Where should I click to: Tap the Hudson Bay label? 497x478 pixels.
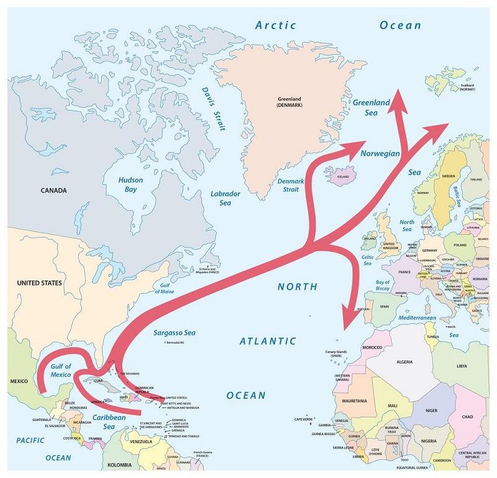130,185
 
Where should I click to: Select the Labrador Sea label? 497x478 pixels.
225,198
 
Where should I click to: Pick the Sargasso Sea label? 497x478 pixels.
175,333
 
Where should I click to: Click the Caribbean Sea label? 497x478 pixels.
109,422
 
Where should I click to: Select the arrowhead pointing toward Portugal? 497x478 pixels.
347,321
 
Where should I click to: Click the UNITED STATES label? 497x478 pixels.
39,283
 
